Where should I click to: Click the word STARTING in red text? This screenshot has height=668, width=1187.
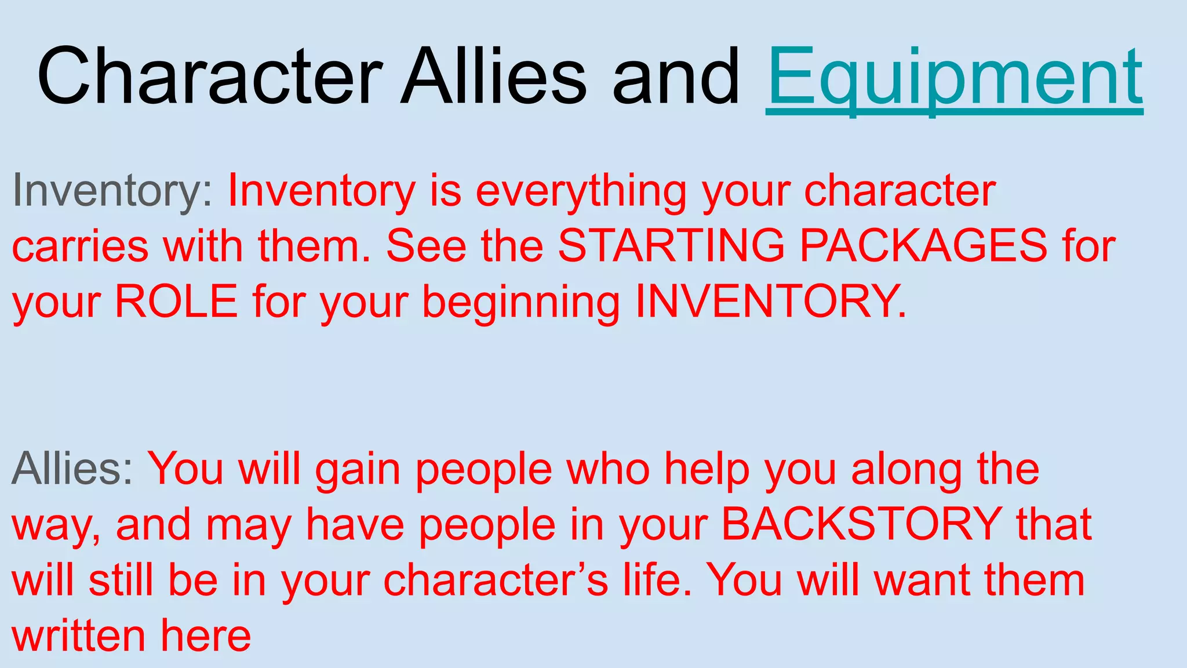(671, 246)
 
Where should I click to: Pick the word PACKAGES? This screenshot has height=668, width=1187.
(923, 246)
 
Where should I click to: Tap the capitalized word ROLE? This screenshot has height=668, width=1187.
(176, 302)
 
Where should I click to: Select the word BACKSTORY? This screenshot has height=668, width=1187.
(862, 524)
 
